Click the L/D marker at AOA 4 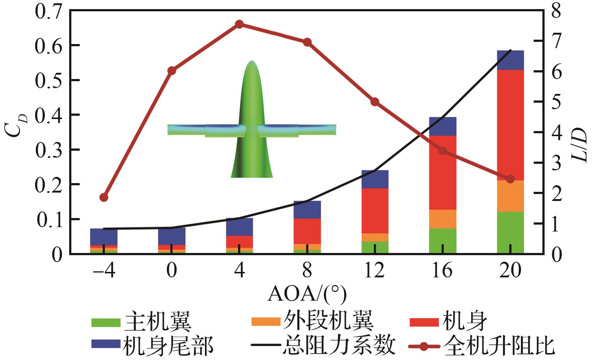click(x=239, y=24)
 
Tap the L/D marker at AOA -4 click(x=104, y=197)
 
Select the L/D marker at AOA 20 click(x=510, y=179)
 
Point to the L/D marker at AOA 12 click(x=375, y=102)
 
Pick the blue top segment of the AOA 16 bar click(x=442, y=126)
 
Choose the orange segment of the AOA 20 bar click(x=510, y=196)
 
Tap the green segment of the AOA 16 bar click(x=442, y=240)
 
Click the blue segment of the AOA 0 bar click(x=171, y=236)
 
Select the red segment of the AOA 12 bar click(x=375, y=210)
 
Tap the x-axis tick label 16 click(x=442, y=271)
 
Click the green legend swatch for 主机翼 click(x=105, y=322)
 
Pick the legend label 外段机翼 click(x=328, y=321)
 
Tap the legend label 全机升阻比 click(x=499, y=345)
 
